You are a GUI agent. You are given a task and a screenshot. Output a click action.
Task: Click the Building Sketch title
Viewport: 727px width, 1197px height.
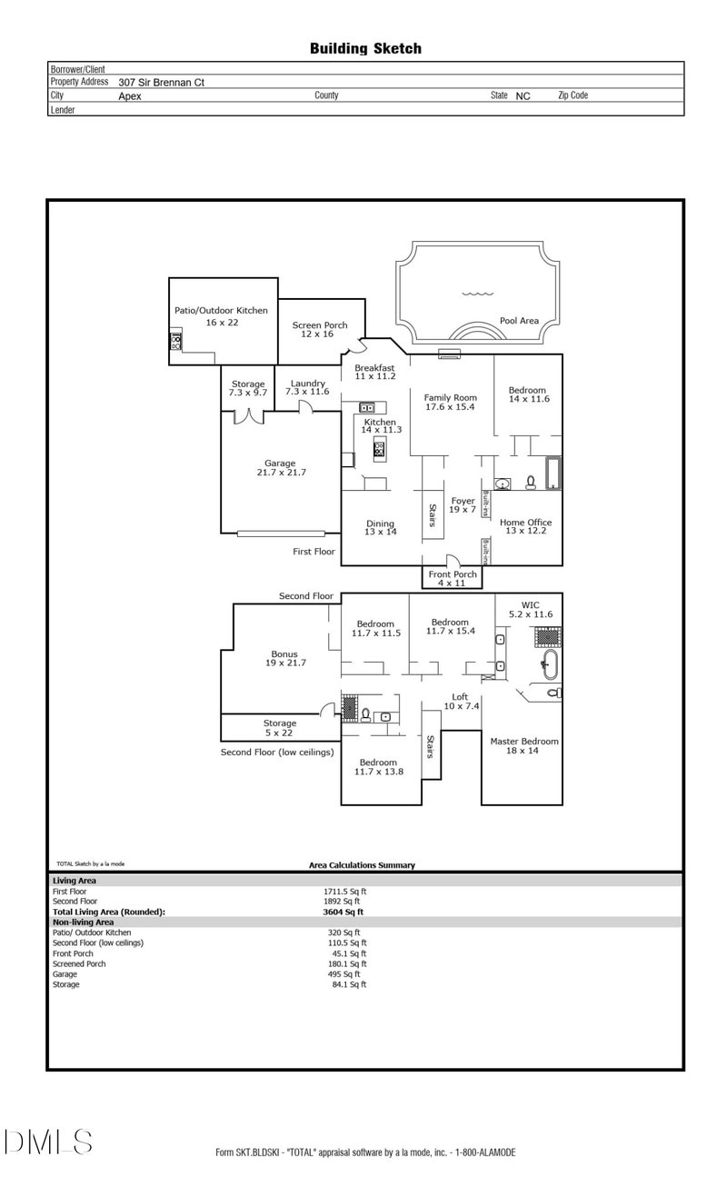pyautogui.click(x=365, y=49)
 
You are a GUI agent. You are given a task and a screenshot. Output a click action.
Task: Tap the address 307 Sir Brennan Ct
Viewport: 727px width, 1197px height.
pyautogui.click(x=162, y=82)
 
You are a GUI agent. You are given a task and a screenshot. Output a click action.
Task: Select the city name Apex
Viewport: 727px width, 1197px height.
pyautogui.click(x=130, y=95)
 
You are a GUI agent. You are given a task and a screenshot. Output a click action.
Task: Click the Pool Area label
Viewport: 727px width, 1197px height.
pyautogui.click(x=519, y=321)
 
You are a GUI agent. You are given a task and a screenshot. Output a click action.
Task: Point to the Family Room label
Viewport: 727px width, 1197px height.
pyautogui.click(x=452, y=398)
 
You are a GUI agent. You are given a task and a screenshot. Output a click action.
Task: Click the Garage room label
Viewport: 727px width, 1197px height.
pyautogui.click(x=280, y=464)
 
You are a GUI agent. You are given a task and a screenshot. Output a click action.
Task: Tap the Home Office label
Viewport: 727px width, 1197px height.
pyautogui.click(x=525, y=523)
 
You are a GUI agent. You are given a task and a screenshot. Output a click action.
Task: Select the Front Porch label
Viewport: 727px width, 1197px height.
pyautogui.click(x=453, y=574)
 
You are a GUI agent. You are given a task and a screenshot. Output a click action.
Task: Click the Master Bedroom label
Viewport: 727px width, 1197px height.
pyautogui.click(x=524, y=742)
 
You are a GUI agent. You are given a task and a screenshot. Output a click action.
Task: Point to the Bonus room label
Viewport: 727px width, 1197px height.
pyautogui.click(x=284, y=654)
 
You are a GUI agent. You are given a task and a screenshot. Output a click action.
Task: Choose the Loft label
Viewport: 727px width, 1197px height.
pyautogui.click(x=460, y=697)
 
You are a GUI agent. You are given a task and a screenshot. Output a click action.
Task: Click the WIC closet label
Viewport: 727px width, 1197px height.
pyautogui.click(x=530, y=604)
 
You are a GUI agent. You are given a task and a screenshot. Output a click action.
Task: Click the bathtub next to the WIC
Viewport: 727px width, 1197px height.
pyautogui.click(x=548, y=663)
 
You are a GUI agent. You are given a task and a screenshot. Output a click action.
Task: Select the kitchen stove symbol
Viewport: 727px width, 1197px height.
pyautogui.click(x=379, y=447)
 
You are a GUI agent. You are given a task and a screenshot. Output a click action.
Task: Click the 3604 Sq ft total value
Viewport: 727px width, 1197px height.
pyautogui.click(x=343, y=911)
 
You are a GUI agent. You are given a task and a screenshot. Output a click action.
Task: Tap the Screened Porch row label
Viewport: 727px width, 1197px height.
pyautogui.click(x=79, y=963)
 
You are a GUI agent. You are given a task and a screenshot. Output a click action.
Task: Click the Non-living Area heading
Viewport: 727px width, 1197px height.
pyautogui.click(x=83, y=922)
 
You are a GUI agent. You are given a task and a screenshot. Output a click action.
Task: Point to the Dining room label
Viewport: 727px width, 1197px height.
pyautogui.click(x=380, y=524)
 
